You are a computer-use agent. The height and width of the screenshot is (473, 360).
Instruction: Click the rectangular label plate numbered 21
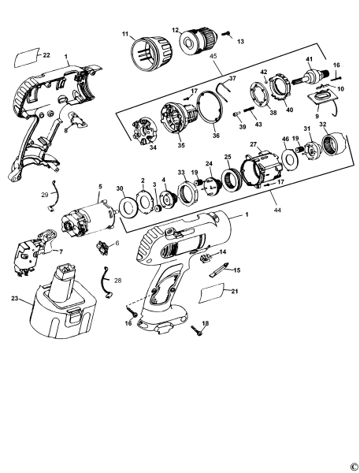[216, 296]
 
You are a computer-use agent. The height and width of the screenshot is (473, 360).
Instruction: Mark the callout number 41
[310, 60]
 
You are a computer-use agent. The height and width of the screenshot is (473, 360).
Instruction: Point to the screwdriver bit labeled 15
[220, 269]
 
